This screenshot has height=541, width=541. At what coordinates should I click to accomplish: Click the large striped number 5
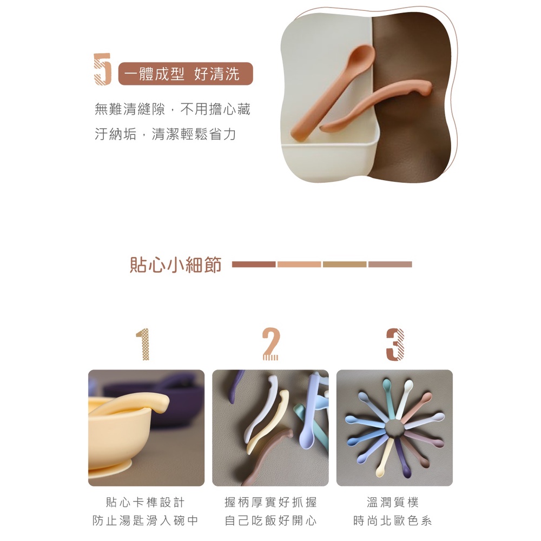click(x=102, y=69)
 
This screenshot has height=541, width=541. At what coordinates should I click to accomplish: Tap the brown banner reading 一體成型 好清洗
click(x=185, y=74)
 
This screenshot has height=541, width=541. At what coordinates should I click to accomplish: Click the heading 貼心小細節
click(x=175, y=265)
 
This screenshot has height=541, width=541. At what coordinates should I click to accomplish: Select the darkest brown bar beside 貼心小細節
click(x=254, y=265)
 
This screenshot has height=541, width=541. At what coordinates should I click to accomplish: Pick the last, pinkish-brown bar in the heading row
click(x=390, y=265)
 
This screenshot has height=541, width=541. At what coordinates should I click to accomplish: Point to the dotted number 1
click(x=143, y=344)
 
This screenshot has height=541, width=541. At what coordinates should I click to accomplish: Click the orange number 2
click(x=270, y=344)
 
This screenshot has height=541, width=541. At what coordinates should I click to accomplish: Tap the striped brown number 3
click(x=395, y=344)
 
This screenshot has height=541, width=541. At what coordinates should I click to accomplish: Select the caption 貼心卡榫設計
click(x=145, y=503)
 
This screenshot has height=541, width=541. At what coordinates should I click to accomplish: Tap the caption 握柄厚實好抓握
click(x=270, y=503)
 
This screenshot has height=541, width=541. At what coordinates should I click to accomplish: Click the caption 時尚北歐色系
click(x=393, y=520)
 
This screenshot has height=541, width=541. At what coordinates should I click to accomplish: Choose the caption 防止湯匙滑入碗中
click(x=145, y=520)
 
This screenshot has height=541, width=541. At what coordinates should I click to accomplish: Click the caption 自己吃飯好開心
click(x=270, y=520)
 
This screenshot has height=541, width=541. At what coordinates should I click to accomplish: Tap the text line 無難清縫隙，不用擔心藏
click(x=172, y=109)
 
